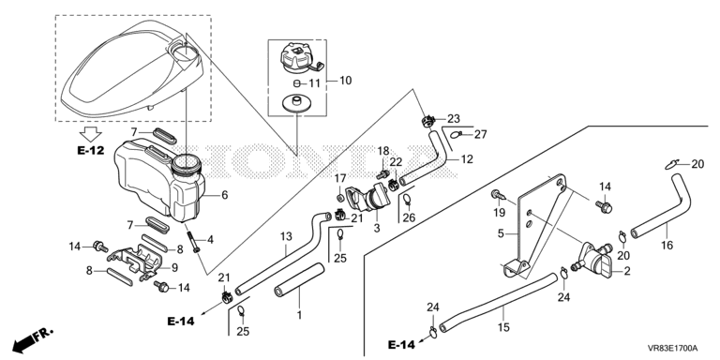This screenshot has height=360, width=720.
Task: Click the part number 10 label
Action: pyautogui.click(x=345, y=81)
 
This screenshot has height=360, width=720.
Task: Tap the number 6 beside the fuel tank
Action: pyautogui.click(x=225, y=195)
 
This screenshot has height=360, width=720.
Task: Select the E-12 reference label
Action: pyautogui.click(x=90, y=150)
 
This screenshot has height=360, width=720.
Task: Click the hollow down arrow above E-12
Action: pyautogui.click(x=90, y=134)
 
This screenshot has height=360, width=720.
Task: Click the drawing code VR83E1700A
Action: pyautogui.click(x=673, y=348)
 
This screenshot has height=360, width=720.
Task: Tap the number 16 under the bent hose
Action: pyautogui.click(x=667, y=246)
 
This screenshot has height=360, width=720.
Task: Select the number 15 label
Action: pyautogui.click(x=503, y=327)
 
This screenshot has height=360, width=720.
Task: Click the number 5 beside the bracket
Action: pyautogui.click(x=501, y=233)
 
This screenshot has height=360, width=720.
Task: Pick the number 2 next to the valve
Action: pyautogui.click(x=627, y=271)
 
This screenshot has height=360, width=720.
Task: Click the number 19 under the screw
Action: pyautogui.click(x=499, y=213)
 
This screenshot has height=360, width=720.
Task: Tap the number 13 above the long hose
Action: pyautogui.click(x=286, y=237)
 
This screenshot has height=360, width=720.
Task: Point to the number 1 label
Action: pyautogui.click(x=299, y=315)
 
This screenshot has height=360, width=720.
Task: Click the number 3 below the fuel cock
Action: pyautogui.click(x=377, y=228)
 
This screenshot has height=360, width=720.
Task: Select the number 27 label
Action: pyautogui.click(x=480, y=135)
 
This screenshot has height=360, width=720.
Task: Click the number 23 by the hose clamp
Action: pyautogui.click(x=454, y=119)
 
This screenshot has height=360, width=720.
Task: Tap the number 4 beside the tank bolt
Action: pyautogui.click(x=210, y=239)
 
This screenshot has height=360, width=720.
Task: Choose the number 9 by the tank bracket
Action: pyautogui.click(x=174, y=267)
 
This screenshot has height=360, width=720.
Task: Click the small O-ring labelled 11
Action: pyautogui.click(x=296, y=83)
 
